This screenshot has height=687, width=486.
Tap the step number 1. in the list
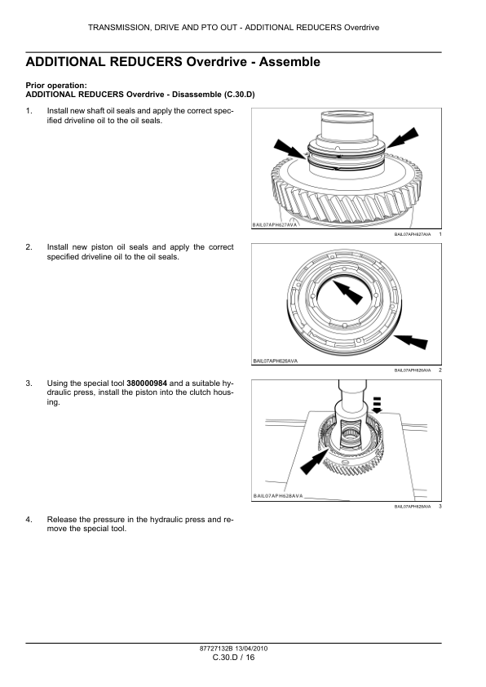29,110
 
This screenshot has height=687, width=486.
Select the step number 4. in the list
29,519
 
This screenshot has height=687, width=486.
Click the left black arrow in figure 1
292,153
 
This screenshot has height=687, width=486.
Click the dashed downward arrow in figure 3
377,404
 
